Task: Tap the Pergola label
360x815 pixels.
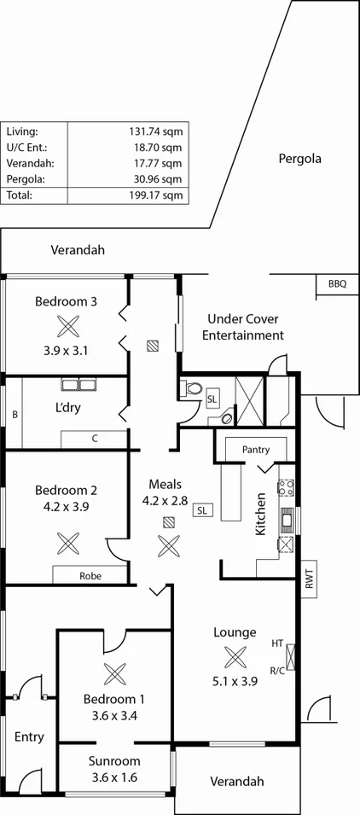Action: tap(299, 159)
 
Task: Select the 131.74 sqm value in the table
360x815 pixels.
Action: tap(153, 131)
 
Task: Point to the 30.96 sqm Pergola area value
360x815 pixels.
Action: tap(154, 179)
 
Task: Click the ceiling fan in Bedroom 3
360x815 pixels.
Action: tap(66, 325)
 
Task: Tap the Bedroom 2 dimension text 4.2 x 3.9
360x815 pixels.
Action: tap(66, 506)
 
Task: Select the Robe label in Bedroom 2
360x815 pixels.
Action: tap(90, 576)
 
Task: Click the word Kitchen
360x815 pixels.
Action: tap(262, 514)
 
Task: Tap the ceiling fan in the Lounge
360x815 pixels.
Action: tap(235, 656)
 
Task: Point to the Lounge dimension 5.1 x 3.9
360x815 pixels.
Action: tap(235, 683)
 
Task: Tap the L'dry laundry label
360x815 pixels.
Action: tap(67, 408)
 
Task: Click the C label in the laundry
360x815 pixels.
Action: tap(95, 439)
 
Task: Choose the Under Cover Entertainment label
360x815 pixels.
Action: tap(242, 327)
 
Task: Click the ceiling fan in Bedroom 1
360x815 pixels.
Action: tap(113, 673)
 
